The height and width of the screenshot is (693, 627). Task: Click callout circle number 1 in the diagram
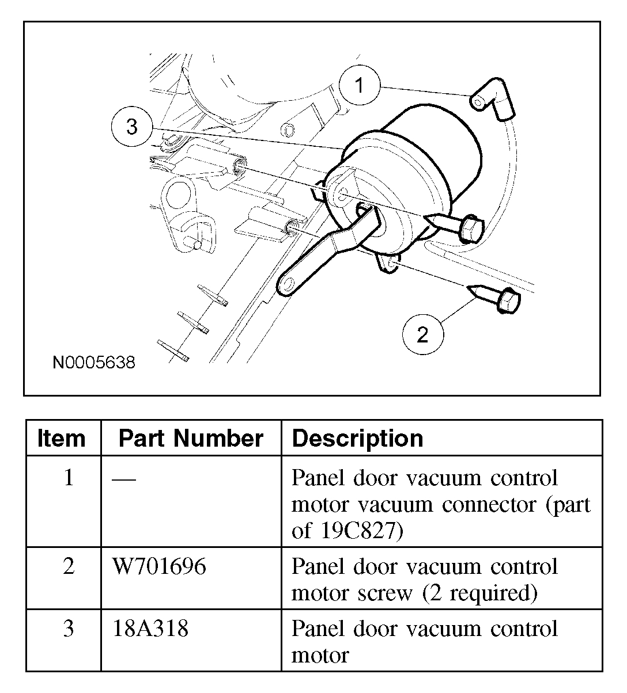click(360, 86)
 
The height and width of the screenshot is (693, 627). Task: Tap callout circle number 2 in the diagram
click(422, 334)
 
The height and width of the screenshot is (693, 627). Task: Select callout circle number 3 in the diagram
click(132, 127)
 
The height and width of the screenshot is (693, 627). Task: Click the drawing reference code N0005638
click(94, 363)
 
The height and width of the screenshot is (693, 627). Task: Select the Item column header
click(62, 439)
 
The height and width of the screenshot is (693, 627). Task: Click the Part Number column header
click(191, 439)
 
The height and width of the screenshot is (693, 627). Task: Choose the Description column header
click(358, 439)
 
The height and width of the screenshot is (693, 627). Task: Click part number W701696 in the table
click(158, 566)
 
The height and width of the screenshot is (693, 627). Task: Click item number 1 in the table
click(69, 478)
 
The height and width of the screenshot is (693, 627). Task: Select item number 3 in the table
click(69, 629)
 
